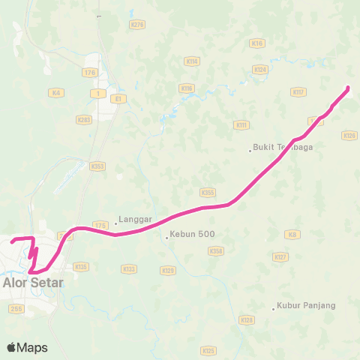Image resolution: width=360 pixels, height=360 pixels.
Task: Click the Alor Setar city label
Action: click(33, 283)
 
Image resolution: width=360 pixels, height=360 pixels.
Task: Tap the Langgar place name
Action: click(135, 220)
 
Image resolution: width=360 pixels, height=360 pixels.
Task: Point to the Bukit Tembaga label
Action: click(283, 148)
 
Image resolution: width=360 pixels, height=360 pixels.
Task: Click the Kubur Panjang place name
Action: click(305, 306)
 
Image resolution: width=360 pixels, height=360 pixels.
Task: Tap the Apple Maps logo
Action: click(27, 347)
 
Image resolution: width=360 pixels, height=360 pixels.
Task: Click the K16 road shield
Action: click(259, 43)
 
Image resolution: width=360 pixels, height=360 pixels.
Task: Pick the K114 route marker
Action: click(191, 61)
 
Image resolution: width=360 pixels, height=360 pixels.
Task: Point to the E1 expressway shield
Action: click(116, 97)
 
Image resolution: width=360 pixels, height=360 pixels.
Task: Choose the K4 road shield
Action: click(55, 92)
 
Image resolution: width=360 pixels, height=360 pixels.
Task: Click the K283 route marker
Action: click(83, 118)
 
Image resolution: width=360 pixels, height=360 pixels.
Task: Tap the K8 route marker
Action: click(292, 235)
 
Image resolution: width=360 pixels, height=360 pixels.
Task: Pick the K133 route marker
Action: click(128, 268)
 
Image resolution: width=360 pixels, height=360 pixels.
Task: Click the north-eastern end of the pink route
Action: click(349, 89)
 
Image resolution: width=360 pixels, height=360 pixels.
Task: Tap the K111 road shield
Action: click(241, 124)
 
